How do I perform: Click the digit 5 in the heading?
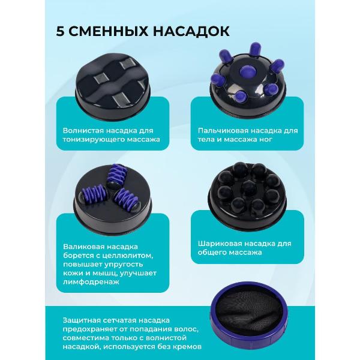(61, 31)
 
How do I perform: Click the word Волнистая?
(83, 130)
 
